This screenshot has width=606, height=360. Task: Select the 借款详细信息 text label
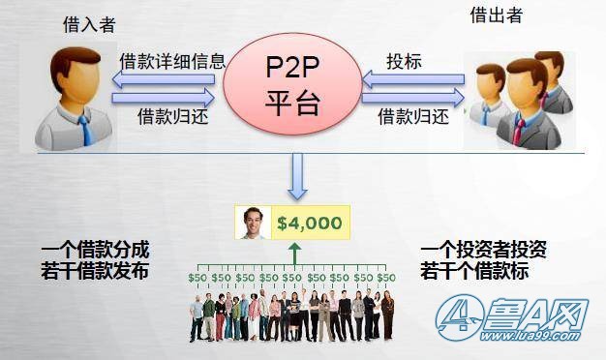point(172,61)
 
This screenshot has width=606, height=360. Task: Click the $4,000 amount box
point(310,223)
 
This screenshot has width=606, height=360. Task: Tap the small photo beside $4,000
point(255,223)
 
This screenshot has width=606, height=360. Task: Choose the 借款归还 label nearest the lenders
point(414,116)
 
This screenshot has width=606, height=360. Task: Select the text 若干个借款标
point(475,272)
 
